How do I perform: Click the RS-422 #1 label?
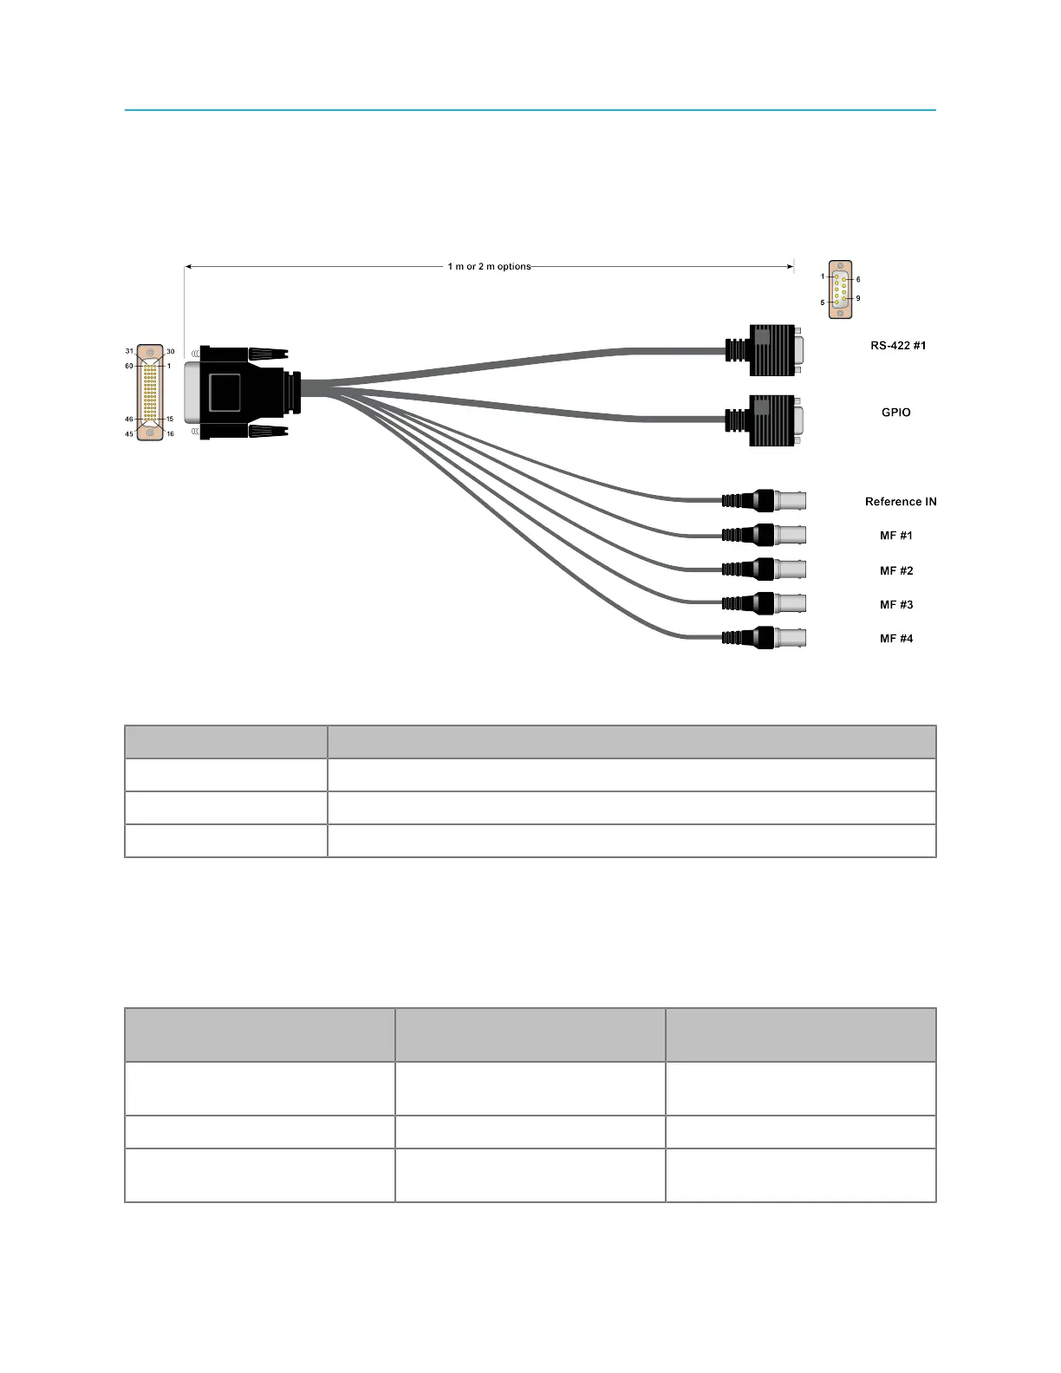(x=898, y=346)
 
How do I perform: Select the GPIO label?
(x=896, y=413)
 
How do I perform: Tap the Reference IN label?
(x=901, y=502)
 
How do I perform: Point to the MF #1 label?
(x=896, y=536)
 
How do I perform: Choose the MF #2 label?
(x=896, y=570)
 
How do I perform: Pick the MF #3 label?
(x=896, y=605)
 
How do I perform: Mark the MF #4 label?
(x=896, y=639)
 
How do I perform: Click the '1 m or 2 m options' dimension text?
(x=489, y=266)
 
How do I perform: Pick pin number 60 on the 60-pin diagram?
(x=129, y=366)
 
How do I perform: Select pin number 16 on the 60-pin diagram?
(x=170, y=433)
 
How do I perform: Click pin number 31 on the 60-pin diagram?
(x=129, y=351)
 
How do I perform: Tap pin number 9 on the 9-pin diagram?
(x=858, y=298)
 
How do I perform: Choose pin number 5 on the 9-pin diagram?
(x=823, y=303)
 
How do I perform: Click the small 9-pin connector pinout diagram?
(x=840, y=290)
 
